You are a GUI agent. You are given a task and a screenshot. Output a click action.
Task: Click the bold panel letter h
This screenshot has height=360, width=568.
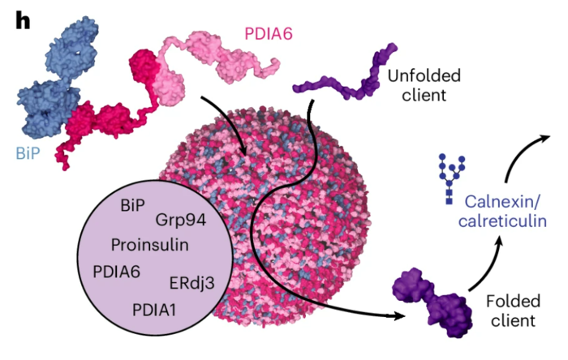coord(23,22)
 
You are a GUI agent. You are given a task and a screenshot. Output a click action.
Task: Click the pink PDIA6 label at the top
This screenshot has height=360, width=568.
coord(269,34)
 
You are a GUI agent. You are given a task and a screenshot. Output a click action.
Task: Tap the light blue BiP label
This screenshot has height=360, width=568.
coord(28,153)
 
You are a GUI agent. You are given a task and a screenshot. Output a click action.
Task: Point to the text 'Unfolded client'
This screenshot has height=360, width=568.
coord(424,85)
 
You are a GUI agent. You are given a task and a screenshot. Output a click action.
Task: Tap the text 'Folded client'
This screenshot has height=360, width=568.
coord(513,311)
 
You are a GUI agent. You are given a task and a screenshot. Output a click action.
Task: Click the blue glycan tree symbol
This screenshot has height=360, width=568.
coord(451,178)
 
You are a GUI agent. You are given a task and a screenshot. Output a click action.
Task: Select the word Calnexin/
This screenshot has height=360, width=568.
coord(502,202)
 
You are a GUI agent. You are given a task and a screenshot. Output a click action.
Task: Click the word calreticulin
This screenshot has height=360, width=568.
coord(502,221)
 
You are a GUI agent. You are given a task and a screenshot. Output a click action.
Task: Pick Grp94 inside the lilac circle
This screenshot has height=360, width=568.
coord(181,220)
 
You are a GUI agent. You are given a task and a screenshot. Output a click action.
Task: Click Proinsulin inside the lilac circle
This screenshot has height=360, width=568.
coord(149,245)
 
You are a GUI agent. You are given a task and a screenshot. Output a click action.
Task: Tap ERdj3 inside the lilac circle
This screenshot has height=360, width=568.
coord(192,283)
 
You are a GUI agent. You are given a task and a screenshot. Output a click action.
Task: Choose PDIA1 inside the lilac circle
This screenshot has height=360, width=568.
coord(154,310)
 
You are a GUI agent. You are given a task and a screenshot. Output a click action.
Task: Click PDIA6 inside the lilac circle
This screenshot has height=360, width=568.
coord(116,272)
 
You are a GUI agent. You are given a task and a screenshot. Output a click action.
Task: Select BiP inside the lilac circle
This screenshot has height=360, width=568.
coord(132,205)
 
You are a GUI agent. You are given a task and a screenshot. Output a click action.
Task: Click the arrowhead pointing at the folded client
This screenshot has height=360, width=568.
coord(399,316)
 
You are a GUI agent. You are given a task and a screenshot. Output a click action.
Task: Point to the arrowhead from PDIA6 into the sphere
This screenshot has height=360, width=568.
coord(243,151)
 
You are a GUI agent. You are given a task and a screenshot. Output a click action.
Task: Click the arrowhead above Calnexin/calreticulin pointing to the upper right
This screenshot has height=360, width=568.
coord(544,138)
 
